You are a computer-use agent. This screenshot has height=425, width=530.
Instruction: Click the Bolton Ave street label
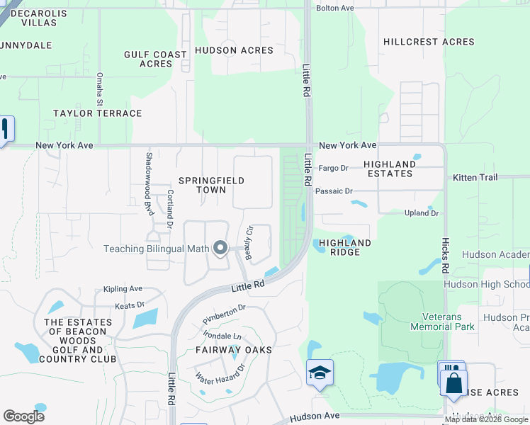(x=334, y=8)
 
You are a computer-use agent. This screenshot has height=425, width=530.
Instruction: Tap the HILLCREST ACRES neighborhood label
(x=429, y=42)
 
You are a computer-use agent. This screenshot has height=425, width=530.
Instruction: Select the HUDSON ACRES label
(x=234, y=50)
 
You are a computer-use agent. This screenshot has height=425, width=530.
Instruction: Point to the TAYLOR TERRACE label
(x=98, y=113)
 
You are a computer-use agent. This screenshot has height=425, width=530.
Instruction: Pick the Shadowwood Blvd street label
(x=149, y=174)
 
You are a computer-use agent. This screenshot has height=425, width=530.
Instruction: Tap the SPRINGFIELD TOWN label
(x=211, y=185)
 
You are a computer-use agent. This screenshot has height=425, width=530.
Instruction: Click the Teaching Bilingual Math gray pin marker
(x=220, y=248)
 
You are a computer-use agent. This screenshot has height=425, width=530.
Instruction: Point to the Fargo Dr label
(x=334, y=168)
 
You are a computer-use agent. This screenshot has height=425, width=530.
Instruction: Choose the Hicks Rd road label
(x=445, y=255)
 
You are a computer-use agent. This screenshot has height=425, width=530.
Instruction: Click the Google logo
(x=24, y=416)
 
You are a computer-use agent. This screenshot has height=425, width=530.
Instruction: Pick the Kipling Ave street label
(x=123, y=289)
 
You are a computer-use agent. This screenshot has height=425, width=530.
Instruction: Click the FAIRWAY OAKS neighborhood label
(x=234, y=350)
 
